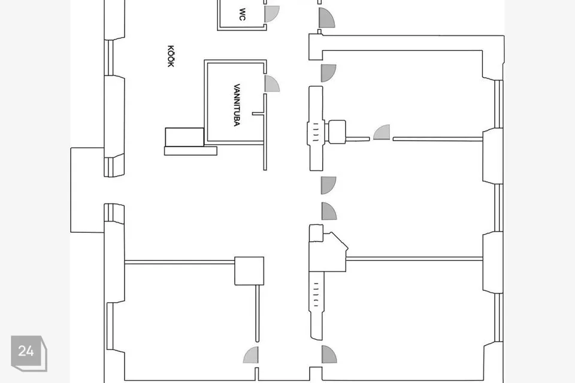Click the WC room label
(x=242, y=14)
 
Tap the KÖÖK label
(x=171, y=56)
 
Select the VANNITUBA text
(x=237, y=105)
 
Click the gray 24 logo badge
(x=29, y=353)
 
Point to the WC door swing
(x=271, y=14)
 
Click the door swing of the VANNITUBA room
(x=272, y=84)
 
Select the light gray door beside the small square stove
(x=382, y=132)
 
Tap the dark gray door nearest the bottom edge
(x=329, y=354)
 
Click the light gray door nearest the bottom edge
(x=251, y=355)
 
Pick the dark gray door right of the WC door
(x=326, y=17)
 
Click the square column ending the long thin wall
(x=249, y=271)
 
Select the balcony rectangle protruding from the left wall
(x=87, y=190)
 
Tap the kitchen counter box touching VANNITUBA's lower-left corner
(x=184, y=137)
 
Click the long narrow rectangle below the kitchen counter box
(x=190, y=151)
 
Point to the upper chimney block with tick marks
(x=316, y=128)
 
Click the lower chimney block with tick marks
(x=316, y=305)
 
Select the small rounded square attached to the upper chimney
(x=337, y=132)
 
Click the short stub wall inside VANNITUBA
(x=258, y=114)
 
